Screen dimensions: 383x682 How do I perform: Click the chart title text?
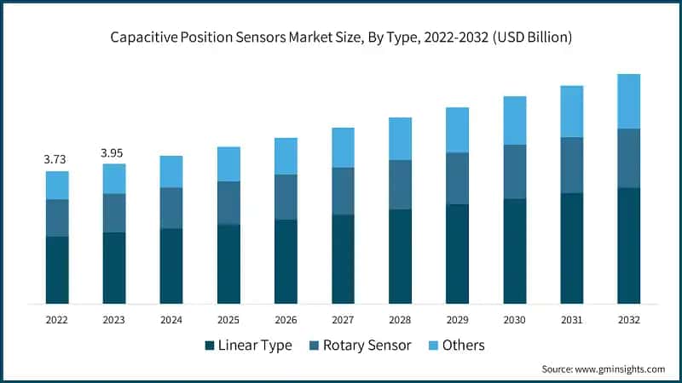coord(341,38)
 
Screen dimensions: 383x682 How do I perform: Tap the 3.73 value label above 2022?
coord(56,159)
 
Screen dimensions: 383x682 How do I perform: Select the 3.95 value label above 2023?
coord(113,152)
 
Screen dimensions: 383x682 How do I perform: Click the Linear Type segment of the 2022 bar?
coord(57,270)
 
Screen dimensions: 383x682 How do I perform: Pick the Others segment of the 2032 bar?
coord(628,101)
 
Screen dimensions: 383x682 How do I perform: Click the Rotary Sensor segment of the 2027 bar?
coord(343,191)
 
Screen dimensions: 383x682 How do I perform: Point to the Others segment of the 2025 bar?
coord(228,163)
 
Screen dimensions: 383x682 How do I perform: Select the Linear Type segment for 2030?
coord(514,251)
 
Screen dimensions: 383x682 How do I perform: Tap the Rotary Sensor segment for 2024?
coord(171,208)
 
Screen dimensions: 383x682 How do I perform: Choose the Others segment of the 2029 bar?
coord(457,129)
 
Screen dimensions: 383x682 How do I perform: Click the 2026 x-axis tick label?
coord(286,320)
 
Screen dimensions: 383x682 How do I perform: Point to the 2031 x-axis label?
coord(571,320)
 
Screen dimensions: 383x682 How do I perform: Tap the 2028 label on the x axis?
coord(400,320)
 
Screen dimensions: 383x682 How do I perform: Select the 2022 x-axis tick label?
coord(57,320)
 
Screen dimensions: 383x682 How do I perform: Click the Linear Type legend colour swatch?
coord(210,346)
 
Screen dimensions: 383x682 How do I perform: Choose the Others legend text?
coord(464,346)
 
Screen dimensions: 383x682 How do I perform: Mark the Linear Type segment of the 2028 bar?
coord(400,256)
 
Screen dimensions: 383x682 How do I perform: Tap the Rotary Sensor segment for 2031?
coord(571,165)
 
